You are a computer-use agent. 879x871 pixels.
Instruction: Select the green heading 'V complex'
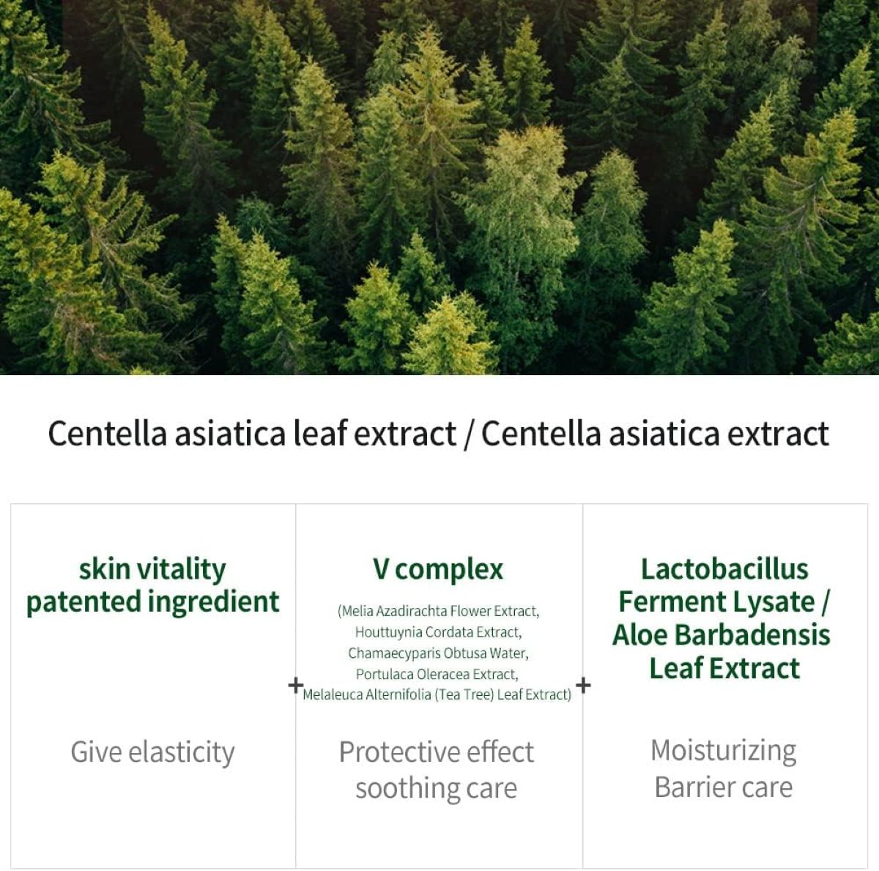438,569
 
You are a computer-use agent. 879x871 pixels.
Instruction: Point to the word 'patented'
84,602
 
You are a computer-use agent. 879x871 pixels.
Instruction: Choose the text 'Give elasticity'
152,752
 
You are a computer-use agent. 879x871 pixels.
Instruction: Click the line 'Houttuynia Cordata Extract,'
438,631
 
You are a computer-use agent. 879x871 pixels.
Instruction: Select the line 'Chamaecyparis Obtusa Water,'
438,653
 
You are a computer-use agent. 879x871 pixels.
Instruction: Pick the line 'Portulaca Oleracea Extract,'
437,674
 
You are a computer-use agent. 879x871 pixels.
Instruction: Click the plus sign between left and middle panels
294,685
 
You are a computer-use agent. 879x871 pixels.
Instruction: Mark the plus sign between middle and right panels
583,685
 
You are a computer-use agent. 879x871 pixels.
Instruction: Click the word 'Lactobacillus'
724,569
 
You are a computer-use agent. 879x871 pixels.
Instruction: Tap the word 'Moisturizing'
723,751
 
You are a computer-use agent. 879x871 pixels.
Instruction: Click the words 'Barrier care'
723,787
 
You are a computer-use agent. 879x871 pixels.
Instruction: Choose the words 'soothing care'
437,789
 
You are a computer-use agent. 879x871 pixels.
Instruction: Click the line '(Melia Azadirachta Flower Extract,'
438,610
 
